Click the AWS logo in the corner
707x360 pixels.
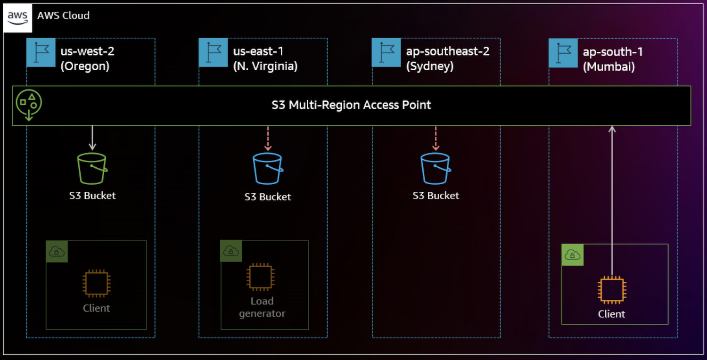18,18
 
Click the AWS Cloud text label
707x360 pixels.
63,16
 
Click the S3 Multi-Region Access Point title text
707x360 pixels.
351,105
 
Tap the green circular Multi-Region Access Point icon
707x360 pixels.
29,105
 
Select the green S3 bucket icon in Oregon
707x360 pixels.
92,168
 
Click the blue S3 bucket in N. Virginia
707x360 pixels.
267,168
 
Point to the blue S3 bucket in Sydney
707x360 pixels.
436,168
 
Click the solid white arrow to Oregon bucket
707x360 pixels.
92,138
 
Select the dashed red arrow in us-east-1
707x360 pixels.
268,138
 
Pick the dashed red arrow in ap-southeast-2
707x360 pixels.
436,138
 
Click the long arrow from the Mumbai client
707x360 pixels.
612,198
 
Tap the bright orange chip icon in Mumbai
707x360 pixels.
611,289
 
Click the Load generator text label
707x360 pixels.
262,307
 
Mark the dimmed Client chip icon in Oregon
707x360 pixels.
96,283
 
